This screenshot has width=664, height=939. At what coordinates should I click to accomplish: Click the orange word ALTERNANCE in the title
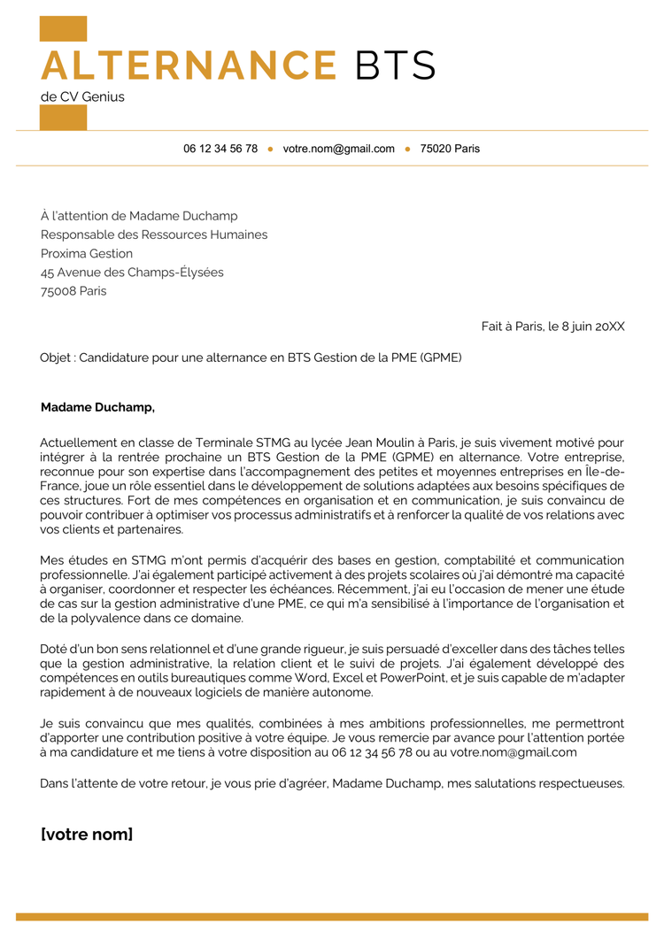[x=189, y=66]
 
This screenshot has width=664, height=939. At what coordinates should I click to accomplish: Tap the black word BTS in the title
[x=395, y=66]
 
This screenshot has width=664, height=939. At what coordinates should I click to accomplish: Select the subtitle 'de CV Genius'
[x=82, y=96]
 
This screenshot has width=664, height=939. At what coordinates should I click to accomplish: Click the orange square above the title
[x=63, y=28]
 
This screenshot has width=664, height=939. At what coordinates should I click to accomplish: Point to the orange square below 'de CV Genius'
[x=63, y=117]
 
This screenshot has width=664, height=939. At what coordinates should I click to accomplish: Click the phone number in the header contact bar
[x=220, y=149]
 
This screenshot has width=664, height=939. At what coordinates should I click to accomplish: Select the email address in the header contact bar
[x=338, y=149]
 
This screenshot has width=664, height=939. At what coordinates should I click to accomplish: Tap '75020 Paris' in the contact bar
[x=450, y=149]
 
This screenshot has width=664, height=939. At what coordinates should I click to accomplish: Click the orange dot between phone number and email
[x=270, y=149]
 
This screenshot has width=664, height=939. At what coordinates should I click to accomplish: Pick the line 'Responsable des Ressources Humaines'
[x=154, y=235]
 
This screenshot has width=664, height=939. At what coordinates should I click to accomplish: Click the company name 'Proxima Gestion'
[x=87, y=253]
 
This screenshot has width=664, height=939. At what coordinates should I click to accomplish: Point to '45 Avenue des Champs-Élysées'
[x=132, y=272]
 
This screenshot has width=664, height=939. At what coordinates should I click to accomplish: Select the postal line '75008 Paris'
[x=73, y=290]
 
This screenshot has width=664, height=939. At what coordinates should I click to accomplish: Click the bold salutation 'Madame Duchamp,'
[x=97, y=407]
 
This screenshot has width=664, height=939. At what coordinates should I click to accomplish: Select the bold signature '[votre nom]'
[x=87, y=834]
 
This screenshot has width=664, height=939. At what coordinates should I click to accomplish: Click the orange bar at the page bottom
[x=332, y=916]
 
